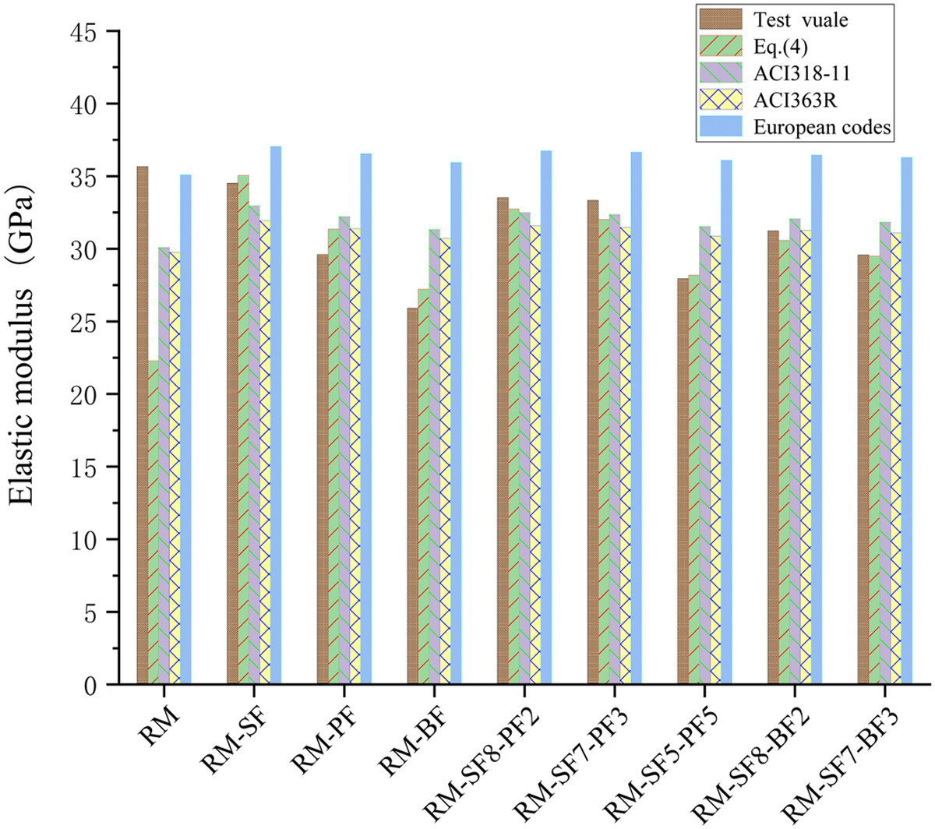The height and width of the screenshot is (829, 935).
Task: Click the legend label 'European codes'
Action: point(822,128)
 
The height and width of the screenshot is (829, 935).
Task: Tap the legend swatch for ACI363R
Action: point(724,101)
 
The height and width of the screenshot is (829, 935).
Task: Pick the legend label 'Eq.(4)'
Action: point(780,48)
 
